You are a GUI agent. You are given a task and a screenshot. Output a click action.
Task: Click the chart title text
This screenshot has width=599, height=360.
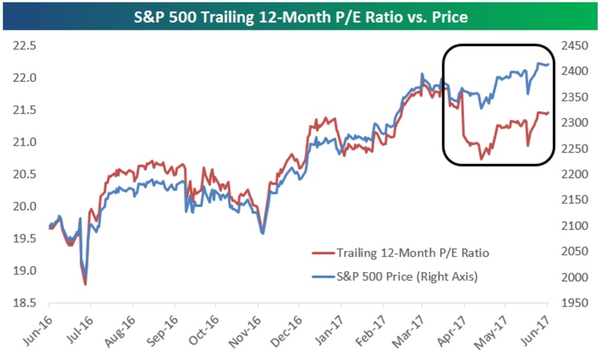tap(299, 16)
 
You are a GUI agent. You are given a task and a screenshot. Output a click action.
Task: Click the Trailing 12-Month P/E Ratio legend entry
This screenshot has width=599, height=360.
tap(412, 253)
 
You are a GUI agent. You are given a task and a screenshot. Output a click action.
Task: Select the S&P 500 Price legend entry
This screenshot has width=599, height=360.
tap(407, 275)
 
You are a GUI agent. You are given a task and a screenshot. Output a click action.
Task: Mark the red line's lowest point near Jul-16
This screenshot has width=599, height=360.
tap(85, 284)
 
